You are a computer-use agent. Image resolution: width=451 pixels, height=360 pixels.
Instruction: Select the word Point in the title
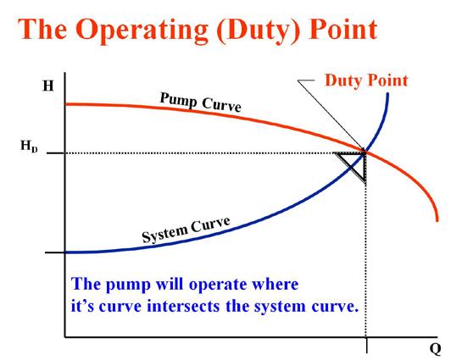[343, 29]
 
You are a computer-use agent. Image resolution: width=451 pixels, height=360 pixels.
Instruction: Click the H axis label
[48, 86]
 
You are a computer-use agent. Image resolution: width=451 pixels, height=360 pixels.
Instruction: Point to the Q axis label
[435, 349]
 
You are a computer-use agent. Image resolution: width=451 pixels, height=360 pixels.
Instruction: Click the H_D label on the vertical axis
[29, 146]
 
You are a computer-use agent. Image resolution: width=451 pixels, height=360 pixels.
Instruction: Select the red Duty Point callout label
[366, 80]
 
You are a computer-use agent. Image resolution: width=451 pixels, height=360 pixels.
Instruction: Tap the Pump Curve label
[200, 102]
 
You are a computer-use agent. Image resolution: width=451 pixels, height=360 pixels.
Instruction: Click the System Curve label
[187, 230]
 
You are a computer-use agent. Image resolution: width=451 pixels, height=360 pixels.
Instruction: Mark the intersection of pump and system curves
[365, 152]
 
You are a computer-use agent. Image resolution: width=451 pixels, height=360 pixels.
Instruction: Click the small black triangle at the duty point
[353, 166]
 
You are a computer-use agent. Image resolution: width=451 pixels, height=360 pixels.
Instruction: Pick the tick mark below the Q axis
[366, 346]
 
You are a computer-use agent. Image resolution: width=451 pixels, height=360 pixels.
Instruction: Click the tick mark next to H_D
[55, 153]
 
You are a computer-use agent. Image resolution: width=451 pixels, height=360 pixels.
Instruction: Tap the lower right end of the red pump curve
[437, 220]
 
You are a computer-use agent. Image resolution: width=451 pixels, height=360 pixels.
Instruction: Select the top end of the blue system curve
[387, 94]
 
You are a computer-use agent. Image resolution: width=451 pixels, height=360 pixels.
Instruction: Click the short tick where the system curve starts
[55, 252]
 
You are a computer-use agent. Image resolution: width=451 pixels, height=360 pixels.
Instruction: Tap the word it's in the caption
[82, 306]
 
